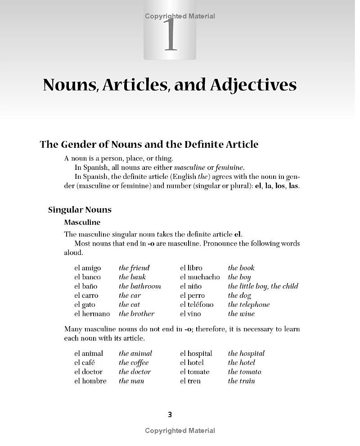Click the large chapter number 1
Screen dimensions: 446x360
pyautogui.click(x=170, y=35)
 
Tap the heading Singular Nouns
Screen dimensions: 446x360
pyautogui.click(x=80, y=210)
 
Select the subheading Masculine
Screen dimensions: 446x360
pyautogui.click(x=82, y=223)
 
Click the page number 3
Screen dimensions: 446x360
pyautogui.click(x=170, y=414)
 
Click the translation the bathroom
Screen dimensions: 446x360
pyautogui.click(x=139, y=287)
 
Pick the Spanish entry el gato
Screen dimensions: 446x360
pyautogui.click(x=85, y=305)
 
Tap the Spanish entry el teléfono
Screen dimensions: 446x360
pyautogui.click(x=197, y=305)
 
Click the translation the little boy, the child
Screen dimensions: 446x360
pyautogui.click(x=263, y=287)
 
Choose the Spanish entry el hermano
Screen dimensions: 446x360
pyautogui.click(x=92, y=314)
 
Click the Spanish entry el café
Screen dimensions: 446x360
pyautogui.click(x=84, y=363)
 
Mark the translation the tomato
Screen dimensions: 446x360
pyautogui.click(x=244, y=372)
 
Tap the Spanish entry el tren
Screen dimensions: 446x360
pyautogui.click(x=190, y=381)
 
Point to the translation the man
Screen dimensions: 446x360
pyautogui.click(x=131, y=381)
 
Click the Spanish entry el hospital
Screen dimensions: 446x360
pyautogui.click(x=196, y=354)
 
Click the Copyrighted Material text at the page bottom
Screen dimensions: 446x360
pyautogui.click(x=180, y=431)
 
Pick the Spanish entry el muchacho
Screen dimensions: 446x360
pyautogui.click(x=200, y=278)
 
